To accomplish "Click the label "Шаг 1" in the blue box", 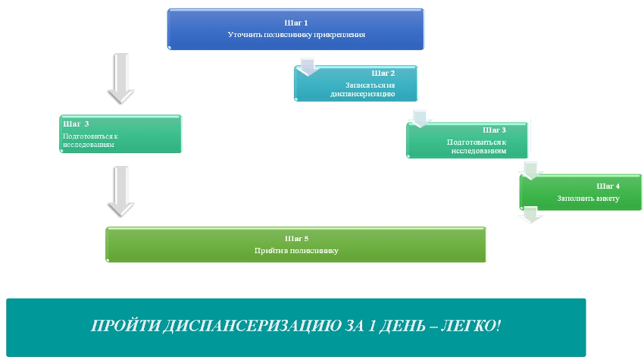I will tap(295, 23).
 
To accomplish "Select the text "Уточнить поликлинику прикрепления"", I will tap(295, 35).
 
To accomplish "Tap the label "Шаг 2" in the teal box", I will tap(383, 73).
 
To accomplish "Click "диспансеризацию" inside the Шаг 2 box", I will tap(363, 94).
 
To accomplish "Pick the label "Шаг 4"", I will tap(608, 186).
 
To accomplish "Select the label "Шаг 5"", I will tap(295, 239).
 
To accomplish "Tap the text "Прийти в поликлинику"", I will tap(295, 250).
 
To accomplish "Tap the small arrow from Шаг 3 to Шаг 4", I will tap(533, 170).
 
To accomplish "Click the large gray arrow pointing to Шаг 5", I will tap(120, 191).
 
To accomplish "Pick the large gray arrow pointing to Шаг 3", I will tap(120, 79).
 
